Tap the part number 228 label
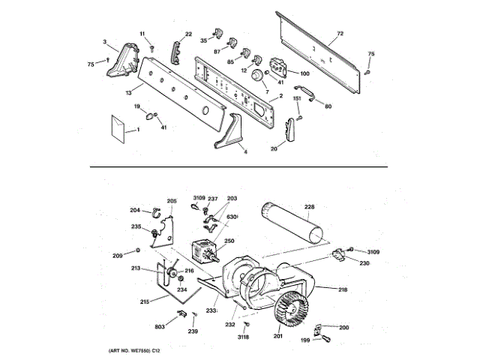tap(309, 207)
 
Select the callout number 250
tap(229, 241)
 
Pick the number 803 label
tap(160, 327)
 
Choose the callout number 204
tap(135, 211)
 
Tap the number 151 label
tap(296, 98)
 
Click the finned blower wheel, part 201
tap(294, 309)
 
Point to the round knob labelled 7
tap(258, 76)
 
